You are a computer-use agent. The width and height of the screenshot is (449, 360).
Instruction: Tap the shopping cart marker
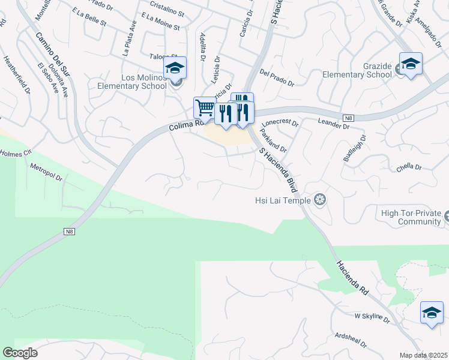tap(205, 109)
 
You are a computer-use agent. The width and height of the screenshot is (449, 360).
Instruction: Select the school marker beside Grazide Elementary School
tap(411, 64)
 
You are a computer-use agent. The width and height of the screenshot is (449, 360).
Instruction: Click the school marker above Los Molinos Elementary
tap(175, 68)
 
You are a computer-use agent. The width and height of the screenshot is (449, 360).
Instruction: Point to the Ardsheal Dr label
tap(351, 340)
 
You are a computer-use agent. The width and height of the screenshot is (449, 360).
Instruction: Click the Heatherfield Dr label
tap(16, 76)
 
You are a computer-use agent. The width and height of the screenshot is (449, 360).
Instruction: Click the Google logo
tap(20, 353)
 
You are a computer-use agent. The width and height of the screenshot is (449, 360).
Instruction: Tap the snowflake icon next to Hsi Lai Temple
tap(320, 199)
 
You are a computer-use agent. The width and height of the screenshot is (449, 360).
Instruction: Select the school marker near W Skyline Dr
tap(432, 313)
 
